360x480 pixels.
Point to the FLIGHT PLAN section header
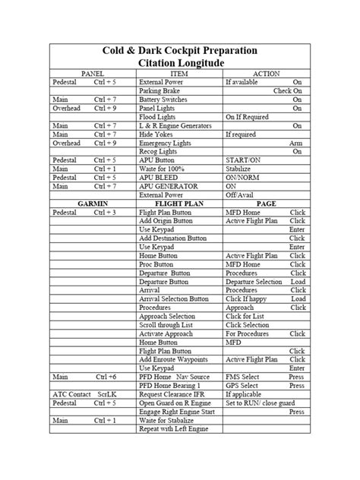pyautogui.click(x=180, y=204)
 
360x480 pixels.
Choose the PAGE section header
pyautogui.click(x=266, y=204)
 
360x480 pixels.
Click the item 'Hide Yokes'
pyautogui.click(x=155, y=134)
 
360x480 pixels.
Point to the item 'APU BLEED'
pyautogui.click(x=158, y=178)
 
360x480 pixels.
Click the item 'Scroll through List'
pyautogui.click(x=167, y=325)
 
